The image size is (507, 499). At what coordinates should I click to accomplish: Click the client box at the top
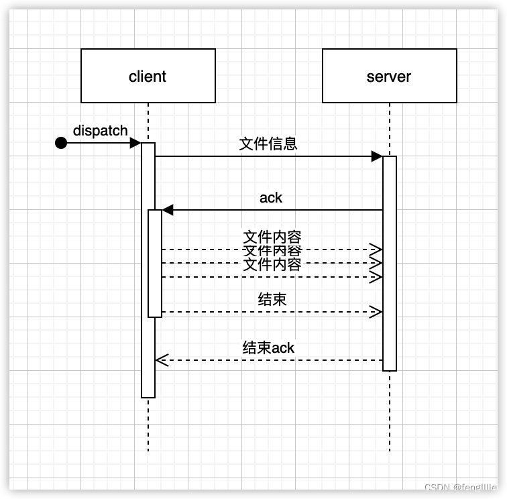(148, 76)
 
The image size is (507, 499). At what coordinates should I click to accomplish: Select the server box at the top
(389, 76)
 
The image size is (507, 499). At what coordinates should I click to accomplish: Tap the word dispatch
(100, 131)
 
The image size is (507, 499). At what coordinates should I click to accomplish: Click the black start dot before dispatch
(61, 143)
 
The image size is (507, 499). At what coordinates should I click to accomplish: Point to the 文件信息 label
(268, 144)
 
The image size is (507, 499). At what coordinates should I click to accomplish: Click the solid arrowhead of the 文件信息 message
(377, 156)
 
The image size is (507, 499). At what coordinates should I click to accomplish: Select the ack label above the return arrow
(271, 198)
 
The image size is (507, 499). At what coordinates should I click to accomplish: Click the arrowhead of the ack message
(168, 210)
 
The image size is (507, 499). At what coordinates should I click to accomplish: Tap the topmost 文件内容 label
(272, 237)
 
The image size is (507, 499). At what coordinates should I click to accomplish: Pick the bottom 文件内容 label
(272, 265)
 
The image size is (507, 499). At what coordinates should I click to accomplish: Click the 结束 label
(272, 299)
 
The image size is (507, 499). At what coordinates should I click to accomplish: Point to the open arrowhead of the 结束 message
(376, 312)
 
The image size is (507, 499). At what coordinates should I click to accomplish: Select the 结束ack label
(268, 347)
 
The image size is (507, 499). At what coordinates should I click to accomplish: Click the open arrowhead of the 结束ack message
(162, 360)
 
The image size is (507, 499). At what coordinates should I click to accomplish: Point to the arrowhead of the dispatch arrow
(135, 143)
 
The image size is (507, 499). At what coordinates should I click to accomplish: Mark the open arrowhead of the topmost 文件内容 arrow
(376, 249)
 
